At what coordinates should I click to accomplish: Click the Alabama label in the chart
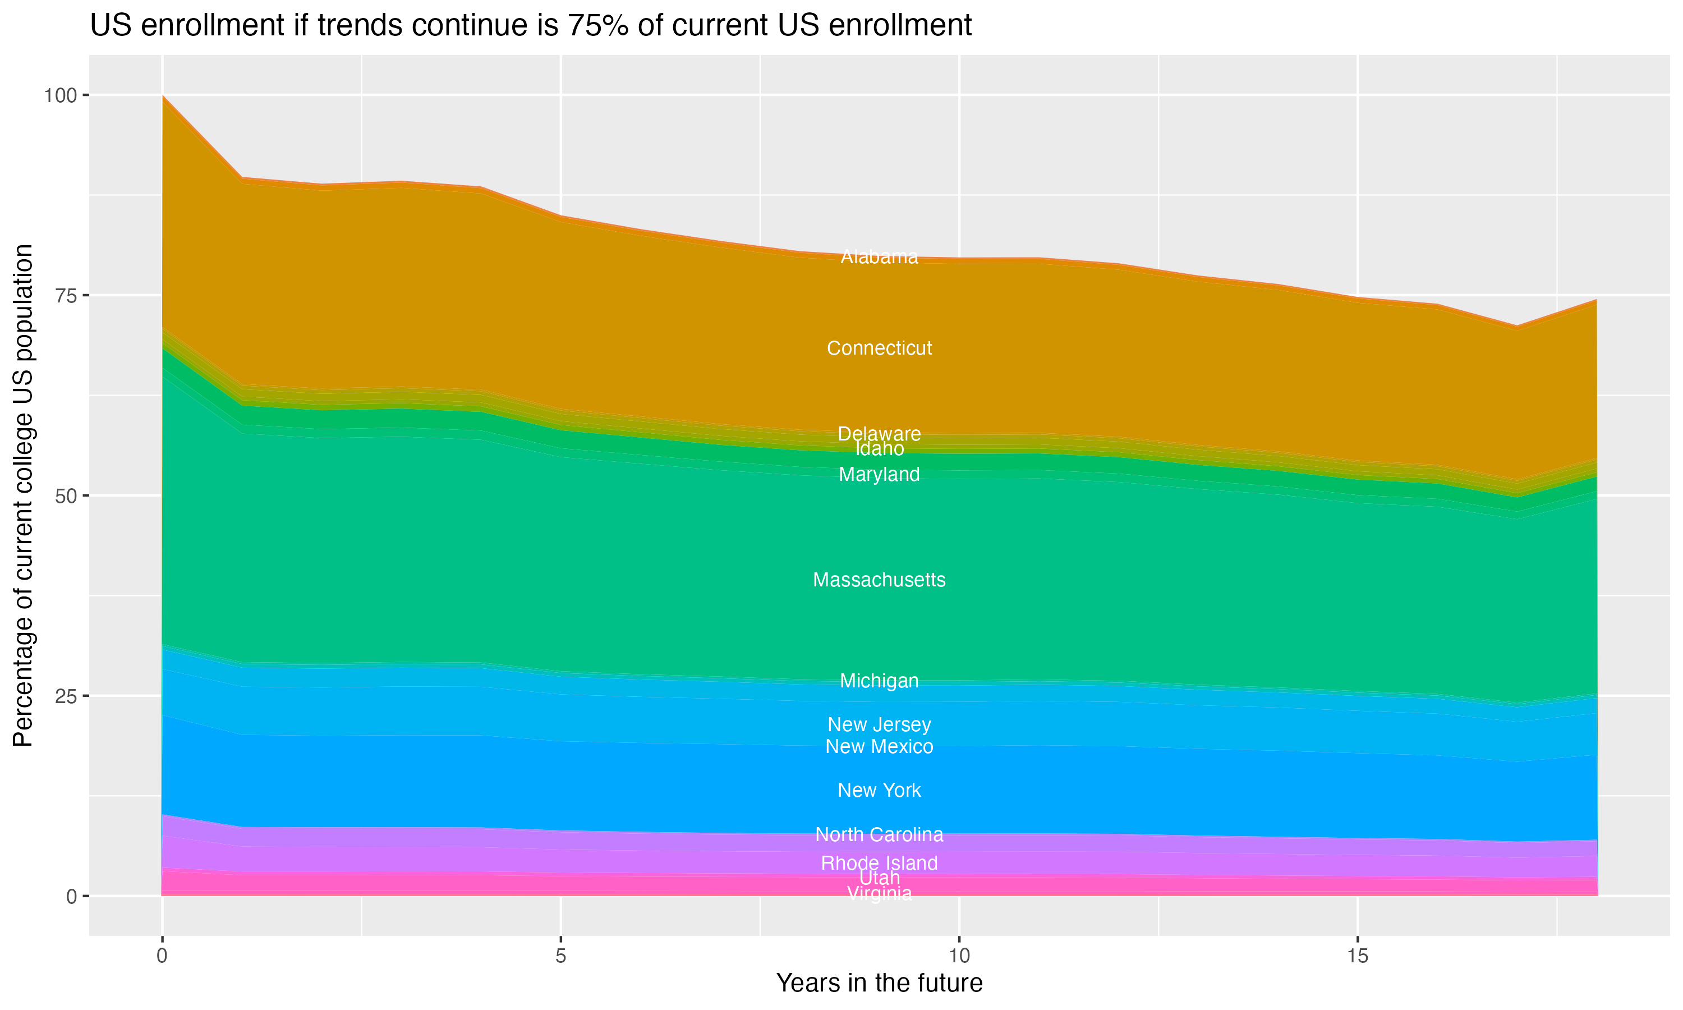(x=879, y=257)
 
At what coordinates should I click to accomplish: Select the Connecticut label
(x=879, y=348)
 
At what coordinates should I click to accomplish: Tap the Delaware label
(x=879, y=434)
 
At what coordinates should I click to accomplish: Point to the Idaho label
(x=879, y=449)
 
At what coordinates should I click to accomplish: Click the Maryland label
(x=879, y=474)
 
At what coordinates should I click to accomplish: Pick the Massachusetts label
(x=879, y=580)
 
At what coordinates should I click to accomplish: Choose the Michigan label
(x=879, y=681)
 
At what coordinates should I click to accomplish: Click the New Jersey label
(x=879, y=725)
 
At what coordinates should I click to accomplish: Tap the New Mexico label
(x=879, y=747)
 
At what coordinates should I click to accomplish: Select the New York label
(x=879, y=790)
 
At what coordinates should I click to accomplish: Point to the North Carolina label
(x=879, y=834)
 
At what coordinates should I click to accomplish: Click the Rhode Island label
(x=879, y=863)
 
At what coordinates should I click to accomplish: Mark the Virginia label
(x=879, y=894)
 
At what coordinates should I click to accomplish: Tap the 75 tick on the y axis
(x=65, y=295)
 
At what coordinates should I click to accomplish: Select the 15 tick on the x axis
(x=1357, y=956)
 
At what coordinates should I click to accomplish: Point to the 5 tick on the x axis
(x=560, y=956)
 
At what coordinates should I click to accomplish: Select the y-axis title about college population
(x=23, y=495)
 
